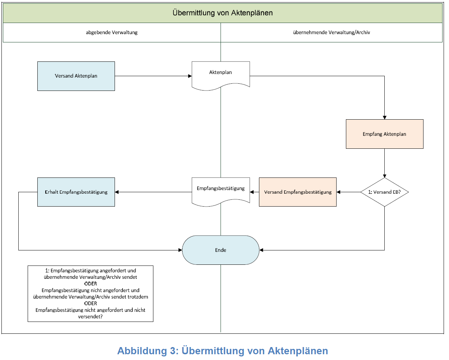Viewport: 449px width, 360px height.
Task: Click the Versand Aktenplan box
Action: [76, 76]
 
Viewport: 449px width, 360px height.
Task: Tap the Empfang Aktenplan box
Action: [385, 134]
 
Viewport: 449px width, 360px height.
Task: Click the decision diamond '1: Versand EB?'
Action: [385, 192]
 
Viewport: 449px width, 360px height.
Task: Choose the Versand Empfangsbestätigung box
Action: [298, 192]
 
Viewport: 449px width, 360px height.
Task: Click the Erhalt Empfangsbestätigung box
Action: [76, 192]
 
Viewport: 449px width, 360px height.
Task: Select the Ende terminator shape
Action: [221, 250]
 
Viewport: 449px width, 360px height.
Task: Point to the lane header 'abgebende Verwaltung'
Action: [112, 32]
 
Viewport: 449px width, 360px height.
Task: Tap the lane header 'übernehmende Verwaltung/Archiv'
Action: [332, 32]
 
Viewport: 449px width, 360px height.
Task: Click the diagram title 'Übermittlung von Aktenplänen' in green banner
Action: [223, 13]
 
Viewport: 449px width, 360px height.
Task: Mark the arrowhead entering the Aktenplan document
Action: [190, 76]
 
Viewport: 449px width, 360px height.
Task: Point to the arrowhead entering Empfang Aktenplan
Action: [385, 118]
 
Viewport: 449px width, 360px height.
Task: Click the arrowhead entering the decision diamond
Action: [385, 176]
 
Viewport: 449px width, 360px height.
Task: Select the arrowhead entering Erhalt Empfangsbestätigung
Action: [117, 192]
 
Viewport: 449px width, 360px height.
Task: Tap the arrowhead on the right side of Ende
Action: [261, 250]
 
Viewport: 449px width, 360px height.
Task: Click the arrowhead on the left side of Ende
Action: [180, 250]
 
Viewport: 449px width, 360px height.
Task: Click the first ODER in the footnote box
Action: [91, 284]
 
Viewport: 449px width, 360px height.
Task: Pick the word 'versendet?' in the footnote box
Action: [91, 317]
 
